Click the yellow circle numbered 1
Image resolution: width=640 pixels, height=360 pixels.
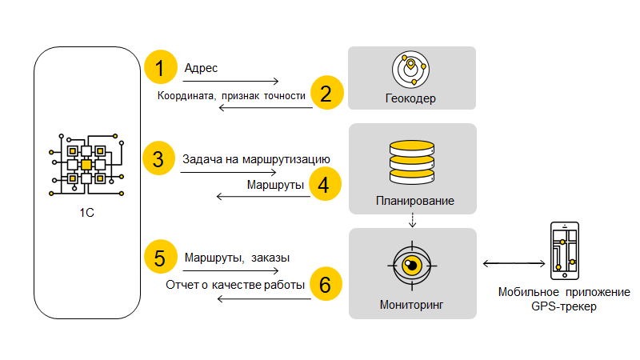pos(160,68)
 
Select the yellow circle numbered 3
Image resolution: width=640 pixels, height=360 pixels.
pos(160,158)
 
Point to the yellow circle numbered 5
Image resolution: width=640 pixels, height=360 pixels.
pos(160,258)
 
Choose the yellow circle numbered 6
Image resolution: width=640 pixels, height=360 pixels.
pos(325,285)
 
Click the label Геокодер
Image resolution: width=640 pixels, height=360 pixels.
pos(412,99)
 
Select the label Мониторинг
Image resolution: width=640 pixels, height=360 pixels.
pos(411,305)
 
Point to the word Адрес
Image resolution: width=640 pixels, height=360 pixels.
pos(202,68)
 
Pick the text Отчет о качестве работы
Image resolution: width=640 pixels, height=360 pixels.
pos(236,285)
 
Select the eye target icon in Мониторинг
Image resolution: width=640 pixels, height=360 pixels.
pos(412,266)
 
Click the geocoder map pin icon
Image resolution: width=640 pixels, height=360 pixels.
pos(412,69)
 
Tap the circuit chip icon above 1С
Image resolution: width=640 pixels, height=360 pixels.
pos(86,164)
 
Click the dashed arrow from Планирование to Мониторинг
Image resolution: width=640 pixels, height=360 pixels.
pos(412,219)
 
